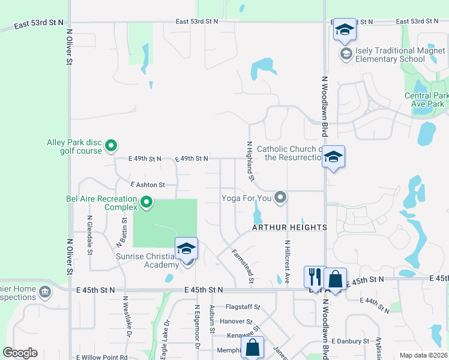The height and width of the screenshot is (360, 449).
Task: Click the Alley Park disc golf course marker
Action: [x=110, y=145]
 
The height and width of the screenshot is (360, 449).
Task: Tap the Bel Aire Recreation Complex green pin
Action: [x=146, y=204]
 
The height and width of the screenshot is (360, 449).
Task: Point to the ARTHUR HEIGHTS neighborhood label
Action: [x=289, y=227]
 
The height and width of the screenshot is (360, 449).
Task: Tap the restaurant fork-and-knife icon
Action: [x=314, y=277]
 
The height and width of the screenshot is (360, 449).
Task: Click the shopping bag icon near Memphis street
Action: [x=252, y=346]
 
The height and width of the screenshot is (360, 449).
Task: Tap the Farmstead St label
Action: [x=243, y=266]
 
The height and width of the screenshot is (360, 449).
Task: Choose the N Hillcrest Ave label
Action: [x=288, y=262]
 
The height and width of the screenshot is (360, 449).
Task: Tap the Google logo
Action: [x=20, y=353]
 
